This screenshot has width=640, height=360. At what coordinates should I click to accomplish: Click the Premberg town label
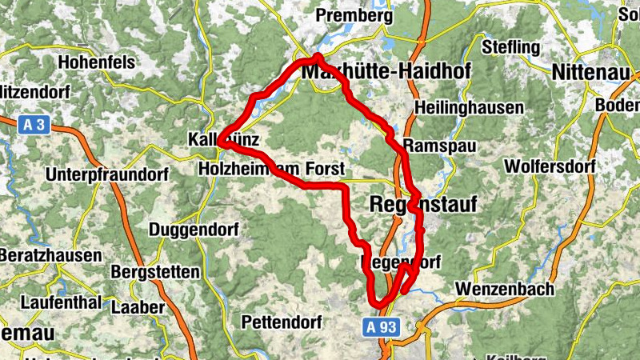pos(354,15)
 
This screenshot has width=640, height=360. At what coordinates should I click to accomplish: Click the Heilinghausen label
pos(470,108)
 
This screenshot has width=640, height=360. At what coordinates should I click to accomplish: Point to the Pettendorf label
pos(281,322)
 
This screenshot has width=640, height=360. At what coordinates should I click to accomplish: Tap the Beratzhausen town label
pos(51,256)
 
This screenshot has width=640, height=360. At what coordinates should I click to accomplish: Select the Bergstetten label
pos(155,272)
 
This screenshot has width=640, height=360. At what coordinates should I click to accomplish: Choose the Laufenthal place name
pos(61,303)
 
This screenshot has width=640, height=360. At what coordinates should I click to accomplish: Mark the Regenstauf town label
pos(423,205)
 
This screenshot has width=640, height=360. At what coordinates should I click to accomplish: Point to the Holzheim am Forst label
pos(270,170)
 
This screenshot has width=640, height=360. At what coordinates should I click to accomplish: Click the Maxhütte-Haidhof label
pos(386,72)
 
